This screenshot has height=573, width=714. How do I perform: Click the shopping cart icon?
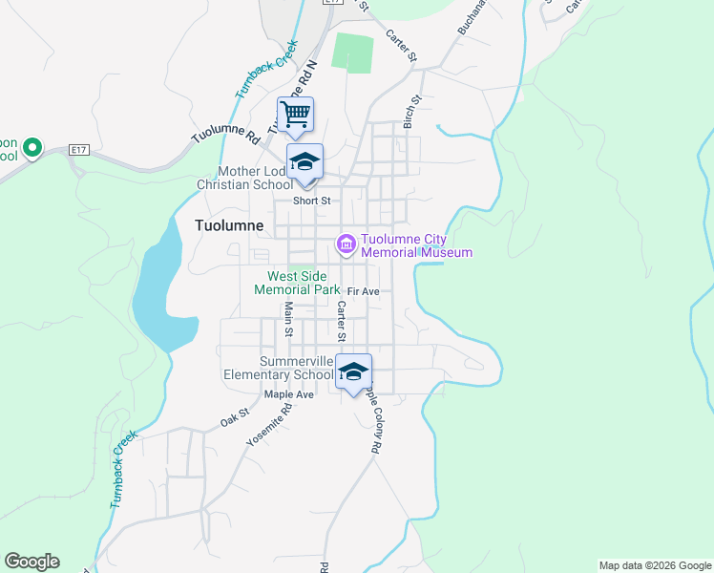(x=296, y=115)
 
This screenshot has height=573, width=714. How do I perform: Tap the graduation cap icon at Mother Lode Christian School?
(x=305, y=160)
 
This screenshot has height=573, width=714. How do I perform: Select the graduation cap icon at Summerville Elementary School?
(x=353, y=371)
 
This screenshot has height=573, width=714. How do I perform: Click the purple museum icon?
(x=346, y=245)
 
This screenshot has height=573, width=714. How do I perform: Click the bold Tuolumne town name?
(x=229, y=226)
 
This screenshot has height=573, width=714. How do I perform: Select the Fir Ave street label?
(x=364, y=291)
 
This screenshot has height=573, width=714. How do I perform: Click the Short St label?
(x=311, y=201)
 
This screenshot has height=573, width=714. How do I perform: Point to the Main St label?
(x=287, y=318)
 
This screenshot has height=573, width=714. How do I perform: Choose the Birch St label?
(x=411, y=112)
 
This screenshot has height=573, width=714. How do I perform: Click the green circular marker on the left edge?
(x=31, y=147)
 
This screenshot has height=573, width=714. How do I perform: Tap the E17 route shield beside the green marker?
(x=79, y=150)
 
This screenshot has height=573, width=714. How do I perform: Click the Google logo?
(x=31, y=562)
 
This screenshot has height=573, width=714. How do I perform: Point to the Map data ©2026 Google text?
(x=654, y=565)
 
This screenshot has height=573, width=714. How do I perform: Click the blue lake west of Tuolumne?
(x=162, y=296)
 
